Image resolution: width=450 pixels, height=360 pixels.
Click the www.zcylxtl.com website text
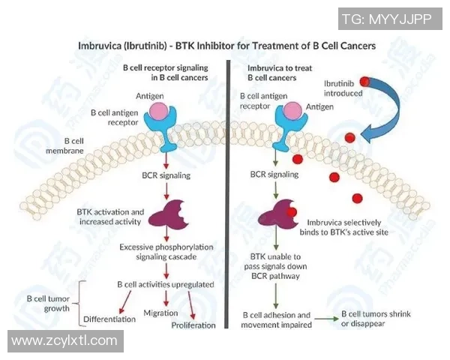tap(64, 341)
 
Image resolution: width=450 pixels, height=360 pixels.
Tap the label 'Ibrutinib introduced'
tap(343, 88)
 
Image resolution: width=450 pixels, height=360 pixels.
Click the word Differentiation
tap(109, 319)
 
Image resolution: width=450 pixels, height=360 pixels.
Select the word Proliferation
tap(193, 325)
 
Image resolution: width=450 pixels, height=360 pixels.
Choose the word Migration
tap(160, 313)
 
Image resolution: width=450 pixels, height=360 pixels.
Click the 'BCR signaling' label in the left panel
tap(166, 175)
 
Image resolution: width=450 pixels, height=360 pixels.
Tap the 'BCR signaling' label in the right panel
tap(274, 174)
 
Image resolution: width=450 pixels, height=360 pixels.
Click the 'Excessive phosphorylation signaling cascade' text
tap(169, 250)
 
